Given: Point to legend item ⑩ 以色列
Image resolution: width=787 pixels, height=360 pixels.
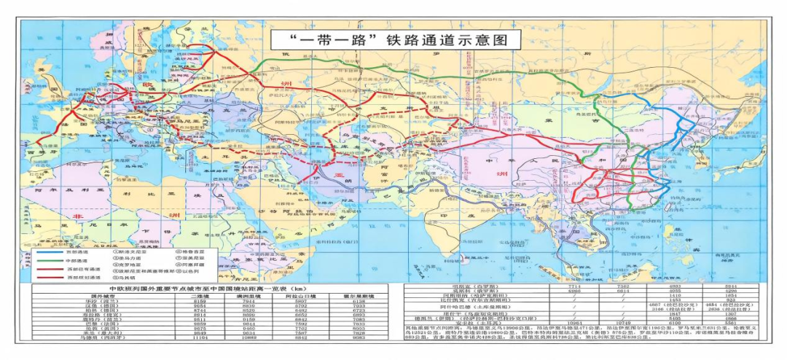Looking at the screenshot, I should point(188,270).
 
